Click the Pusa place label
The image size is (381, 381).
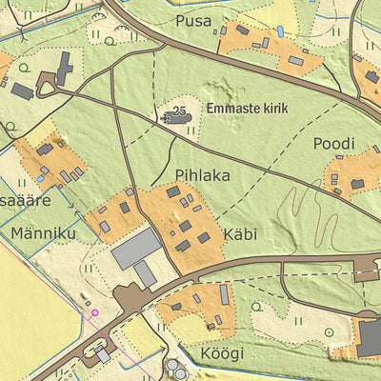(x=191, y=20)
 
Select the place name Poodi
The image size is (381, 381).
(x=333, y=144)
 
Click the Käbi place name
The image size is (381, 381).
(x=241, y=233)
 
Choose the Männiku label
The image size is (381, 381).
(x=37, y=231)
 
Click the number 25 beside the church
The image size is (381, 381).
(x=178, y=112)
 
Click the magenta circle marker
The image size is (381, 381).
(x=94, y=311)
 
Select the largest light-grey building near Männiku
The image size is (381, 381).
(x=135, y=248)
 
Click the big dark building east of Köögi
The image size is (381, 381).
(x=370, y=336)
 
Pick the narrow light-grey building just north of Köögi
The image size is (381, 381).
(x=225, y=295)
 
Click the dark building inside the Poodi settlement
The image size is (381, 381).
(x=357, y=183)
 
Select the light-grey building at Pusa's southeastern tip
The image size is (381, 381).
(x=296, y=60)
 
